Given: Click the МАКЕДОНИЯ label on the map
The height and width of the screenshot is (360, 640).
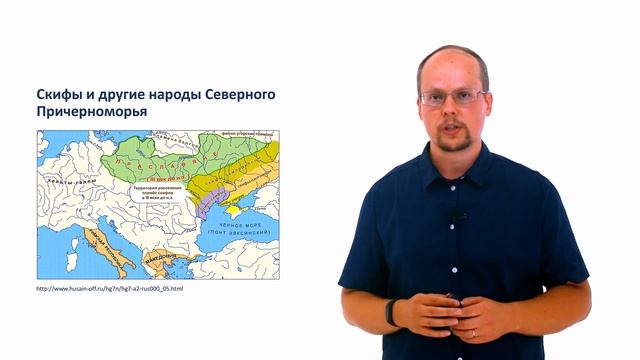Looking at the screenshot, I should (156, 264).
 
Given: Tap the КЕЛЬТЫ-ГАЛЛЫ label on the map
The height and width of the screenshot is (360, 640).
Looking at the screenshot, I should (80, 182).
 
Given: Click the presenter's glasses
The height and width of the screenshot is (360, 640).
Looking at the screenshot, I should (453, 98).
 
